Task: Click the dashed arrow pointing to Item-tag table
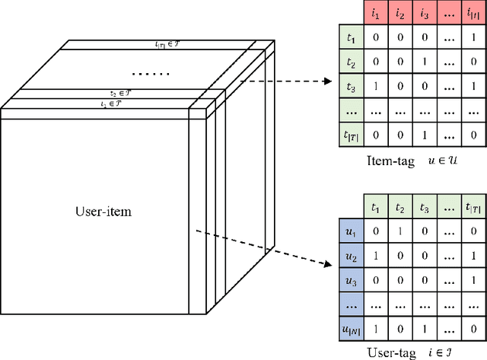pyautogui.click(x=285, y=80)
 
